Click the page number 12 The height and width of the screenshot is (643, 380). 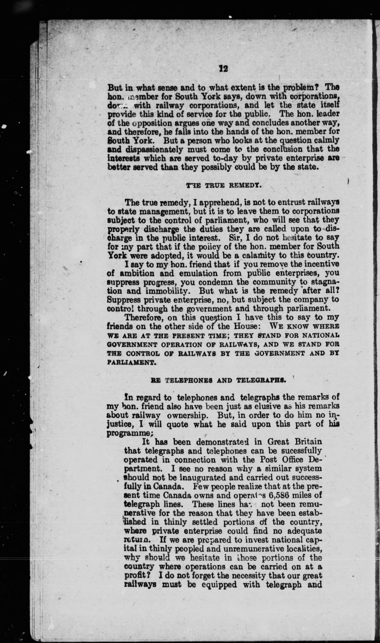point(223,68)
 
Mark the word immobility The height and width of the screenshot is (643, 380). point(168,291)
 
